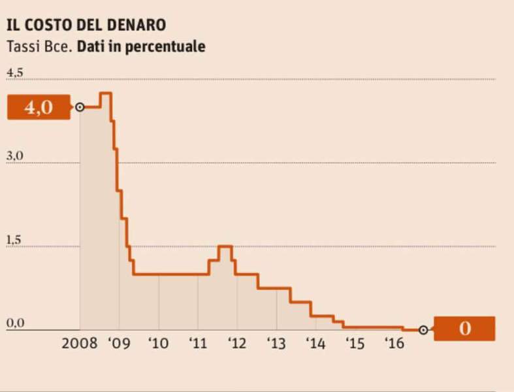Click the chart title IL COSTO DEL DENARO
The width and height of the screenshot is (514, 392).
coord(86,25)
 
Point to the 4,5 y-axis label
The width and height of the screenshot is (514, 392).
coord(14,73)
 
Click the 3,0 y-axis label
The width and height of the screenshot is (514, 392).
coord(14,157)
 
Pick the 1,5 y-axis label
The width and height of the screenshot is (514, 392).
coord(14,240)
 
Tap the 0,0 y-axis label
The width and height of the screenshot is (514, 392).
coord(14,323)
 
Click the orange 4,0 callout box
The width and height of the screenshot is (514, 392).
coord(38,107)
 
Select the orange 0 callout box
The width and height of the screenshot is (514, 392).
coord(464,329)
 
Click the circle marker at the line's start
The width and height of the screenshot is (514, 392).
coord(80,107)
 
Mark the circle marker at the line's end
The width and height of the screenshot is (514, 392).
coord(423,330)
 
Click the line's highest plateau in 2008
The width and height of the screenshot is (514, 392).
coord(105,93)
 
